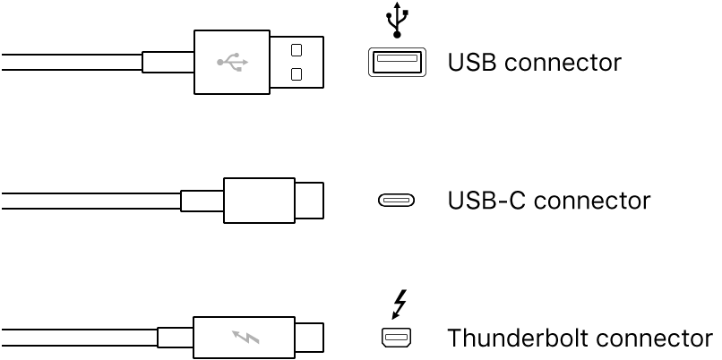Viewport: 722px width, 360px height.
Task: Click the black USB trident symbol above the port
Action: coord(396,21)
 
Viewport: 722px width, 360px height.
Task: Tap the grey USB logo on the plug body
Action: coord(232,63)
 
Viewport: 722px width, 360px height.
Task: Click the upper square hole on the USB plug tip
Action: coord(297,50)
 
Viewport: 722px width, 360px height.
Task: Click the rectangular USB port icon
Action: coord(395,62)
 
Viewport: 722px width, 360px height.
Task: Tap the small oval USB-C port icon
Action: coord(395,201)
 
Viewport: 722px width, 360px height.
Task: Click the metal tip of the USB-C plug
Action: coord(310,201)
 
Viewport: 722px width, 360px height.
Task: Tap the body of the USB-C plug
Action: coord(259,201)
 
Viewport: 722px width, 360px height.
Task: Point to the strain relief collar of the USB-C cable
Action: coord(202,201)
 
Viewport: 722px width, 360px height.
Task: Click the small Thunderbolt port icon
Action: coord(395,339)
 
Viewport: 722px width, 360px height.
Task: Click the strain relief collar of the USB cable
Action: coord(168,63)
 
